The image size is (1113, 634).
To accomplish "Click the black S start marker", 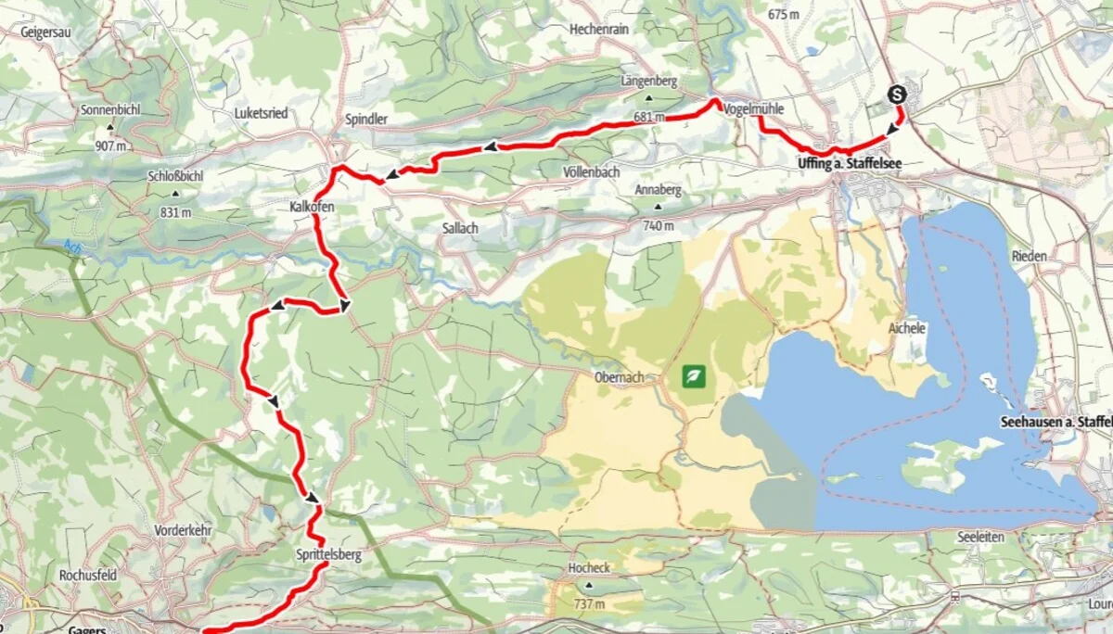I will [897, 94].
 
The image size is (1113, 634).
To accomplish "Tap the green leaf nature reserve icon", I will [694, 376].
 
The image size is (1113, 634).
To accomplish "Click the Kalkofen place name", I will [312, 208].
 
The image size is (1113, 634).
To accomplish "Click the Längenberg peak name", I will [649, 82].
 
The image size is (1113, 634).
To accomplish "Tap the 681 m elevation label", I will [650, 118].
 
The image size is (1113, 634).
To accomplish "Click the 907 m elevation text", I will [109, 146].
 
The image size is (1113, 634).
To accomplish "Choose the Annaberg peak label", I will [658, 190].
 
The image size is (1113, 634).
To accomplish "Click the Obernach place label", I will [619, 377].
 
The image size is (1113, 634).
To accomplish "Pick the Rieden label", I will [1030, 256].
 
